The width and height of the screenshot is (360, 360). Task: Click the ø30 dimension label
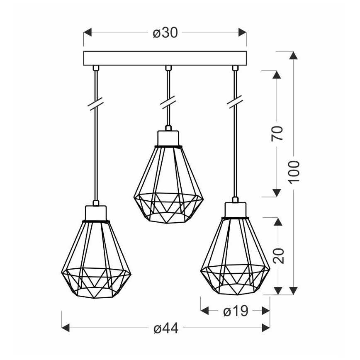pyautogui.click(x=165, y=33)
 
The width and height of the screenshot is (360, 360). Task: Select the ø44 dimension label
pyautogui.click(x=165, y=329)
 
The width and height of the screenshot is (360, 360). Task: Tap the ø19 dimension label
pyautogui.click(x=235, y=311)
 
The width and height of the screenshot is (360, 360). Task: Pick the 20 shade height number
pyautogui.click(x=279, y=256)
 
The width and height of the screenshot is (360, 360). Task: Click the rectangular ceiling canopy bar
pyautogui.click(x=165, y=58)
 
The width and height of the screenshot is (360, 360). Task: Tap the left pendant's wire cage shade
pyautogui.click(x=96, y=261)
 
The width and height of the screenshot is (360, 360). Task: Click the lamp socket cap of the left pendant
pyautogui.click(x=96, y=213)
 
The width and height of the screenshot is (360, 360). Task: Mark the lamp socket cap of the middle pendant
pyautogui.click(x=168, y=137)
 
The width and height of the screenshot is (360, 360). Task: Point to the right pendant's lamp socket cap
pyautogui.click(x=235, y=210)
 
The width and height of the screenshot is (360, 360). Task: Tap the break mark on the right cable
pyautogui.click(x=235, y=102)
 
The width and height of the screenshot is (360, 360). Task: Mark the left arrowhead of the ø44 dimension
pyautogui.click(x=66, y=329)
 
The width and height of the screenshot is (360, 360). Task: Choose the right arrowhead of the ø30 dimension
pyautogui.click(x=242, y=33)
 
